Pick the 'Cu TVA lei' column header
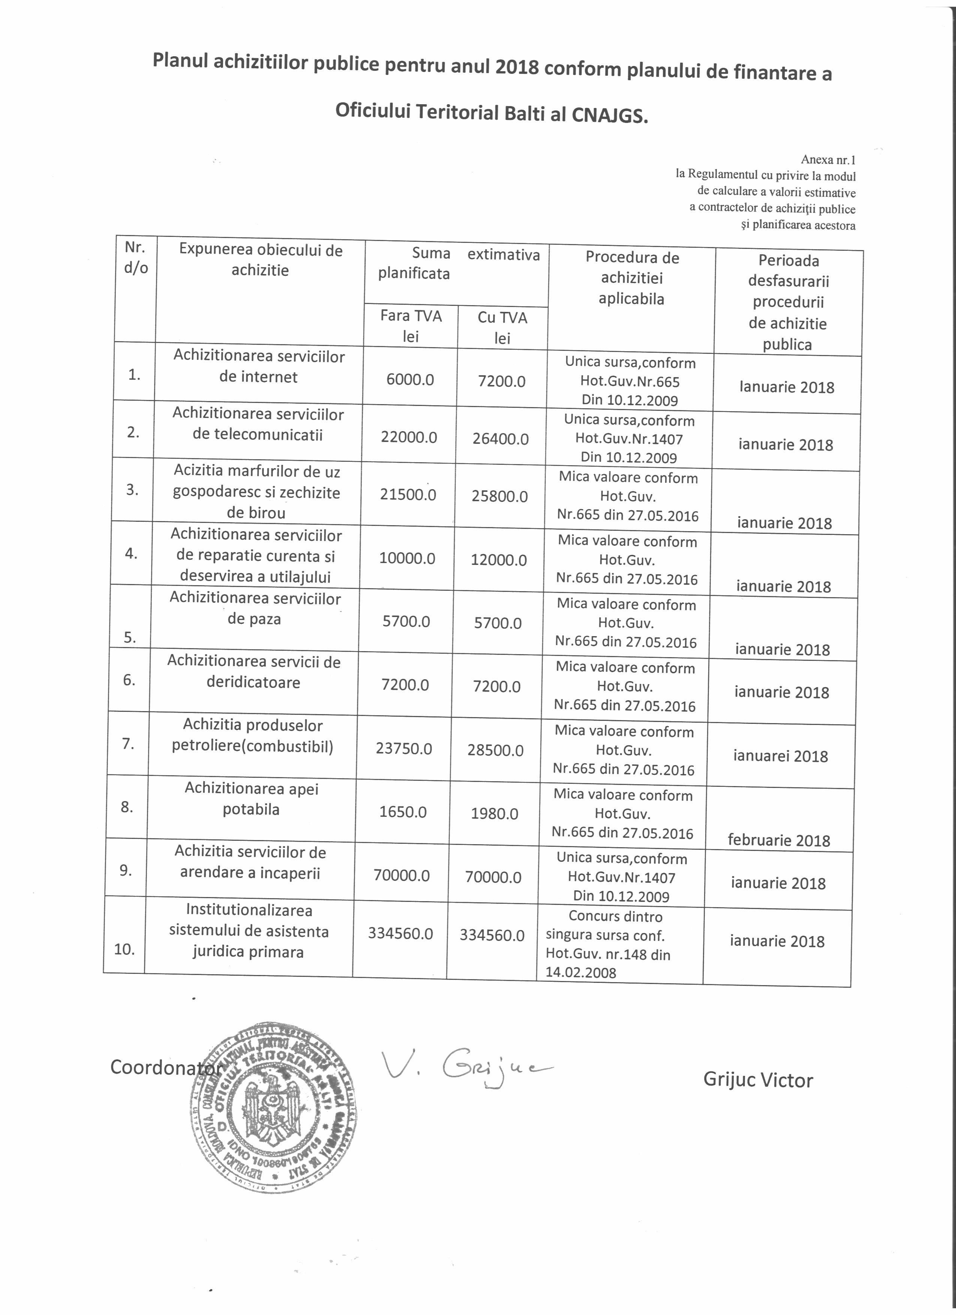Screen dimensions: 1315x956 tap(502, 328)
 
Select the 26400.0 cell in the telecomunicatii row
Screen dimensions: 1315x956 tap(500, 439)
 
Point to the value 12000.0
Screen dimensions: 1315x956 tap(499, 560)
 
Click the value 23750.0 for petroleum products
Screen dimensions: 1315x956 tap(404, 749)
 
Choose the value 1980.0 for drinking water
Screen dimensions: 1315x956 tap(494, 813)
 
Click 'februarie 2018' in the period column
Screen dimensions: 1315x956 tap(779, 840)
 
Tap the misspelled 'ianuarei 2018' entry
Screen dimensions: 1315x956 tap(780, 755)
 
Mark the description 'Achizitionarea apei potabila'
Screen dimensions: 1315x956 tap(251, 798)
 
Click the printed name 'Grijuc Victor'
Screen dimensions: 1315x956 tap(758, 1080)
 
